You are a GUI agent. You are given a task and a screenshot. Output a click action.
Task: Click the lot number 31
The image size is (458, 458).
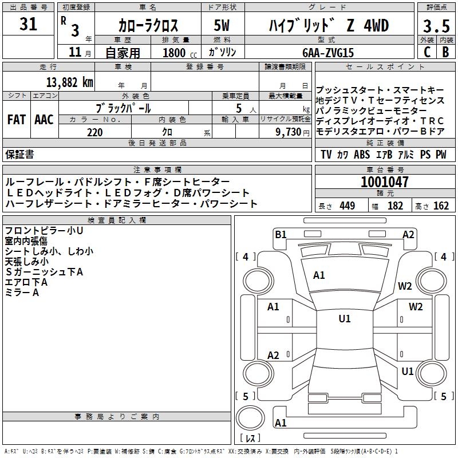coord(29,25)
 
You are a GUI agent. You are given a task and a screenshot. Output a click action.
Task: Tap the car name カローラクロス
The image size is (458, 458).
coord(148,26)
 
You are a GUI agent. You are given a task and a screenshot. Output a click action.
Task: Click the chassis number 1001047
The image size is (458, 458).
coord(385,182)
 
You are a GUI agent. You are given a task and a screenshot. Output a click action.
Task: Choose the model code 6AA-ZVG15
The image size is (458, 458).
coord(328,52)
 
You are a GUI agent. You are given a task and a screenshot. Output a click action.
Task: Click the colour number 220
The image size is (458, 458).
coord(94,132)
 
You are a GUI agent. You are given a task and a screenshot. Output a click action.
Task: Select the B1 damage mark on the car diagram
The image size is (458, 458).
coord(281,234)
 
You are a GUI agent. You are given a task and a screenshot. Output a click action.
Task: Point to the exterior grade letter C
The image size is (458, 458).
coord(427,52)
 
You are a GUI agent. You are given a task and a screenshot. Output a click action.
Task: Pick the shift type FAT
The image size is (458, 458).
coord(16,120)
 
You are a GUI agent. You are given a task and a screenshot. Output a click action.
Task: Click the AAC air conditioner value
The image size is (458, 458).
coord(44,120)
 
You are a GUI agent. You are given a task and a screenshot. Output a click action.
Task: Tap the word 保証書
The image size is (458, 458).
coord(19,155)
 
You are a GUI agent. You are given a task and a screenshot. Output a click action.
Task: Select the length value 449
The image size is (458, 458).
coord(347,206)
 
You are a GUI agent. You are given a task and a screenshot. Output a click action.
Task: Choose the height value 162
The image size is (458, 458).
coord(440,206)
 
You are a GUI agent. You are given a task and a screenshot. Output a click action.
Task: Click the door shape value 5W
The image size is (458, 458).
coord(222,26)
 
